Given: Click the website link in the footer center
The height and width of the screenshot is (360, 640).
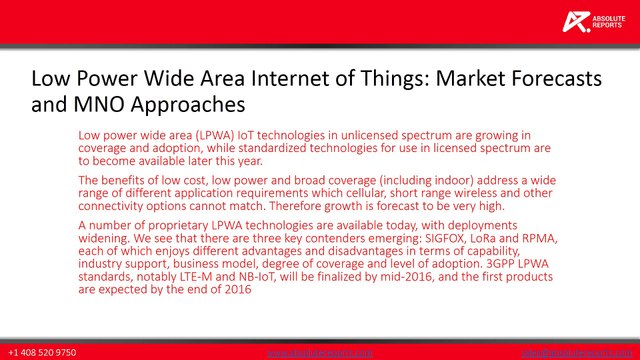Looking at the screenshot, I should coord(320,353).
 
